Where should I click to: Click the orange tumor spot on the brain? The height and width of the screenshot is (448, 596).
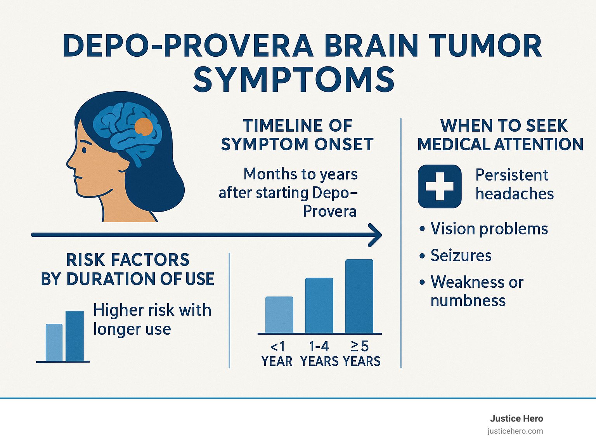[144, 127]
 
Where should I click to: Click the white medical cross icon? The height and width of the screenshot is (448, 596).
[439, 186]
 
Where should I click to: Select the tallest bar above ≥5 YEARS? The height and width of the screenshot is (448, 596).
[359, 296]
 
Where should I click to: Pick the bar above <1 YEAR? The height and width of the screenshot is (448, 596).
[279, 314]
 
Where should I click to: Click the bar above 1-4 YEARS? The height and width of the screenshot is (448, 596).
[319, 305]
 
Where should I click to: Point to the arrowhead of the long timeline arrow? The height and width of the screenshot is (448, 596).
[376, 235]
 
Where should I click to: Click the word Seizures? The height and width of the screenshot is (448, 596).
[461, 255]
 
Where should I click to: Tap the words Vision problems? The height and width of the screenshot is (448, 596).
[489, 229]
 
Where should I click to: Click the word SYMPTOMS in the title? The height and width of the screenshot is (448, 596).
[294, 80]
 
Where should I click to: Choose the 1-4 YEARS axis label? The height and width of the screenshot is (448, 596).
[319, 354]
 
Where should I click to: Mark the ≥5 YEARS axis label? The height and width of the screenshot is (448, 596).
[361, 354]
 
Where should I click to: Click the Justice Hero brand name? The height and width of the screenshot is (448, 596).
[516, 418]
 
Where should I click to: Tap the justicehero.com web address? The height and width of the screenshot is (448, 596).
[515, 431]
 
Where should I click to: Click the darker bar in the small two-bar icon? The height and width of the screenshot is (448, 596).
[74, 336]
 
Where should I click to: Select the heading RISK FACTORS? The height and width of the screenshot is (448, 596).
[128, 260]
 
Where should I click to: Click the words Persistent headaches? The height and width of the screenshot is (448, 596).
[514, 184]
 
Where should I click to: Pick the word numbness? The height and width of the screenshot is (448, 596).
[468, 300]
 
